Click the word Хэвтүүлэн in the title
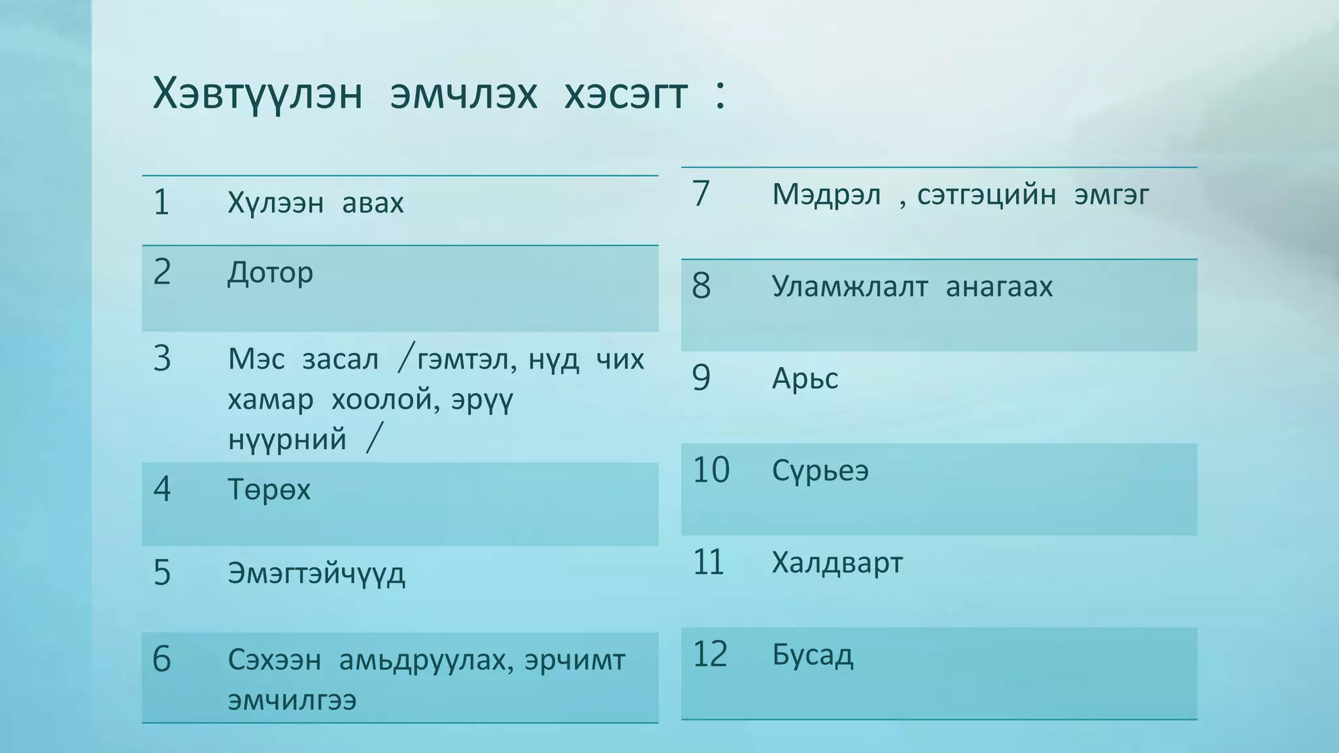(x=257, y=94)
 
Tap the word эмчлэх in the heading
(x=464, y=94)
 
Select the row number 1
(x=161, y=203)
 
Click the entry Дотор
(x=270, y=273)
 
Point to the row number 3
(x=161, y=360)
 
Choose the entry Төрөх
(x=269, y=490)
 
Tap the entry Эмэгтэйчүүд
(x=316, y=574)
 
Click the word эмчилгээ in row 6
(x=292, y=700)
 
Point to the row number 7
(x=701, y=194)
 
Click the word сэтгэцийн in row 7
(x=986, y=195)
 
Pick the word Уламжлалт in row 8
(x=849, y=287)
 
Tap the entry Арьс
(x=805, y=378)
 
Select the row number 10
(x=711, y=471)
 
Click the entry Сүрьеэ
(x=820, y=471)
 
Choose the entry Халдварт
(x=837, y=563)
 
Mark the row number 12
(x=710, y=654)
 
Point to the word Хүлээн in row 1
(x=275, y=203)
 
